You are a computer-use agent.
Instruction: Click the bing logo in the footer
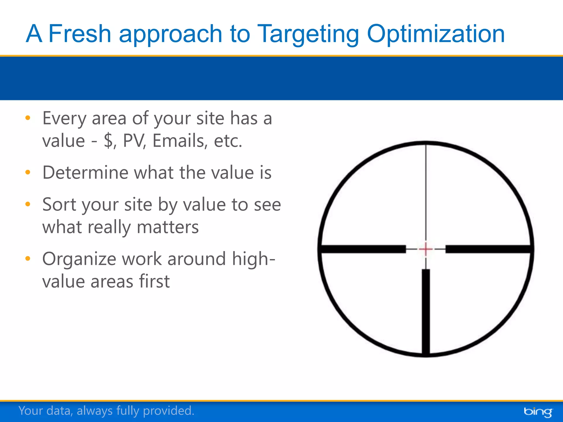[x=538, y=412]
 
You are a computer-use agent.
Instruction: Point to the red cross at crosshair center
[x=426, y=249]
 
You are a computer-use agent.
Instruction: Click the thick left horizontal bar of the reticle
[x=363, y=249]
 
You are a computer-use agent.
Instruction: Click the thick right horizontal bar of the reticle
[x=488, y=249]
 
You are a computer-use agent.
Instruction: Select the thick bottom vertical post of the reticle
[x=426, y=312]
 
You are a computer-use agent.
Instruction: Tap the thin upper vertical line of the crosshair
[x=426, y=192]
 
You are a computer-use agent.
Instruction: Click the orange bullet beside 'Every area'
[x=28, y=118]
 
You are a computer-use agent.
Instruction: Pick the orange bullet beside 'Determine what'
[x=28, y=173]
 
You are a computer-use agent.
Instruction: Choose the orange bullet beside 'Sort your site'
[x=28, y=204]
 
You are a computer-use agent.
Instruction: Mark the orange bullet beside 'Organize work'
[x=28, y=259]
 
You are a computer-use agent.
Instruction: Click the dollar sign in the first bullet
[x=109, y=141]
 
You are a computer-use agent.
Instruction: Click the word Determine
[x=85, y=173]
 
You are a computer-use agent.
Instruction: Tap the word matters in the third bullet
[x=168, y=227]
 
